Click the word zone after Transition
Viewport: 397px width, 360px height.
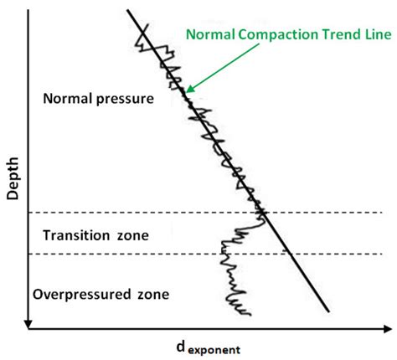click(133, 235)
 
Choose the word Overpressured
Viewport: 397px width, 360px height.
click(76, 295)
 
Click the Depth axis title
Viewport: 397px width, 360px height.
click(13, 182)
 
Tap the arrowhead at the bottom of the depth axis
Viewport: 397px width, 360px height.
click(29, 322)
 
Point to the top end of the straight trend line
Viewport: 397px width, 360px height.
click(128, 10)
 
